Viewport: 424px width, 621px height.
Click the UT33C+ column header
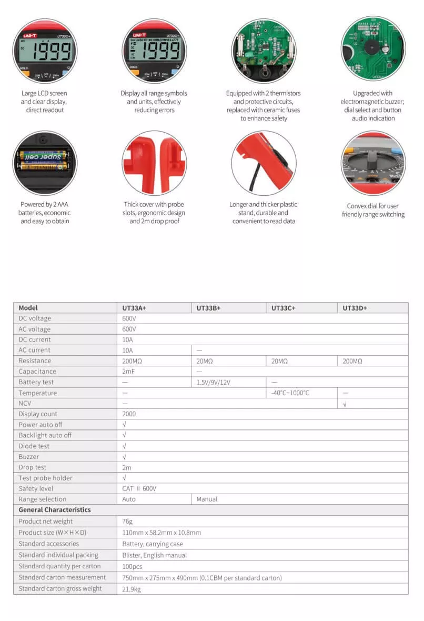coord(284,308)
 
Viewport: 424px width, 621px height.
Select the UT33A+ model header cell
coord(135,308)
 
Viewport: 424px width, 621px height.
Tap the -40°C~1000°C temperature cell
coord(290,393)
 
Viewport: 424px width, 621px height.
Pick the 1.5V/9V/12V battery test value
coord(214,383)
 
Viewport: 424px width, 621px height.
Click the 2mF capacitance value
coord(129,372)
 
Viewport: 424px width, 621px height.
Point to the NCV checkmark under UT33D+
coord(345,404)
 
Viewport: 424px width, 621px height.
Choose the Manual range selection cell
coord(207,499)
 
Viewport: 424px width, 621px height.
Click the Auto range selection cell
coord(129,499)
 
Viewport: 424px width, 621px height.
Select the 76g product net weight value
coord(128,522)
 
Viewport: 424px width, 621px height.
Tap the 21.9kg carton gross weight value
coord(132,589)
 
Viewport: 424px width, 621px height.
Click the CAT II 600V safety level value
coord(139,489)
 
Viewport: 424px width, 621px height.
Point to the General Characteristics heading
coord(54,510)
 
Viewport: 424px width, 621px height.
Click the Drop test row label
coord(33,467)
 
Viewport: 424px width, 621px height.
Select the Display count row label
coord(38,414)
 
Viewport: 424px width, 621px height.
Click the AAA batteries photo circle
coord(45,163)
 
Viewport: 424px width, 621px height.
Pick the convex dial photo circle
coord(373,163)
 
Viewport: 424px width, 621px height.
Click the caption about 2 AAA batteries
coord(45,213)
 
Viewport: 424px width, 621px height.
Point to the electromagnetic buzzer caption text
coord(373,106)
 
